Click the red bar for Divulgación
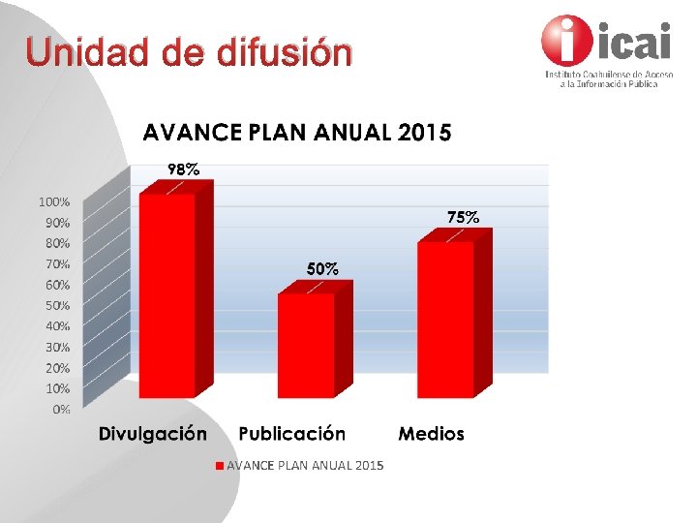pyautogui.click(x=167, y=295)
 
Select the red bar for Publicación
pyautogui.click(x=307, y=345)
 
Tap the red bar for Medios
pyautogui.click(x=445, y=320)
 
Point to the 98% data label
pyautogui.click(x=184, y=169)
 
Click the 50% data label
pyautogui.click(x=322, y=268)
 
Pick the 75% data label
pyautogui.click(x=463, y=217)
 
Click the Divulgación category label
pyautogui.click(x=152, y=434)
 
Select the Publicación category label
pyautogui.click(x=291, y=434)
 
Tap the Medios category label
pyautogui.click(x=431, y=434)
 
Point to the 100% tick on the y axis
pyautogui.click(x=54, y=202)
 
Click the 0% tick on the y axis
pyautogui.click(x=61, y=410)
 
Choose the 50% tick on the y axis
pyautogui.click(x=57, y=306)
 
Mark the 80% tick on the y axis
pyautogui.click(x=57, y=243)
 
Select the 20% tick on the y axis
pyautogui.click(x=57, y=368)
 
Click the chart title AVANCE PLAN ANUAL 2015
pyautogui.click(x=297, y=132)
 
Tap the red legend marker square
pyautogui.click(x=220, y=466)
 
